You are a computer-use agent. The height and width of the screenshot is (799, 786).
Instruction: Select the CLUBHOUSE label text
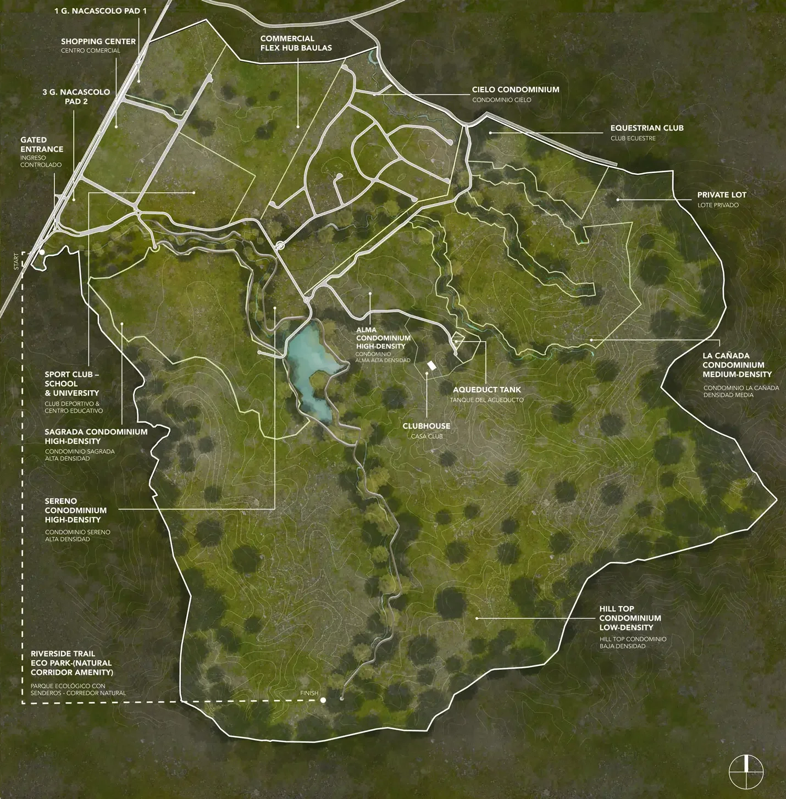(x=426, y=426)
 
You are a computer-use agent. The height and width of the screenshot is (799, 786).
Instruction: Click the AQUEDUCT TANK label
(x=486, y=390)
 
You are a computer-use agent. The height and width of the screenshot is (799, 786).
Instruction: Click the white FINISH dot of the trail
(x=323, y=700)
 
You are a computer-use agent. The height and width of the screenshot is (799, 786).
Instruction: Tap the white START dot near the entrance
(x=42, y=252)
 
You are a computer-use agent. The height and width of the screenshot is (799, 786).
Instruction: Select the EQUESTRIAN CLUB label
(x=646, y=128)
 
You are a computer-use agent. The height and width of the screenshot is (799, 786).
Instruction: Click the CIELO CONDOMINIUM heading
(x=515, y=90)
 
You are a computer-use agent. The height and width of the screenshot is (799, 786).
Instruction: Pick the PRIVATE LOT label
(x=721, y=195)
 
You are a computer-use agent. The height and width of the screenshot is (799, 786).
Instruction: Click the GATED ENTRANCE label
(x=42, y=145)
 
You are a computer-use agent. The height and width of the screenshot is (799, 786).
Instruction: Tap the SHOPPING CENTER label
(x=98, y=41)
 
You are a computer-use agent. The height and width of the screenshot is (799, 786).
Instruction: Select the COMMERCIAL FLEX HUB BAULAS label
(x=296, y=43)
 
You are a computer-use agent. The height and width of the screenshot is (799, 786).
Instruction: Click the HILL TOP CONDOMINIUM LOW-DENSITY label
(x=630, y=618)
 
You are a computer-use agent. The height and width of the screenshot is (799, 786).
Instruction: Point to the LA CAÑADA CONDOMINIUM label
(x=737, y=365)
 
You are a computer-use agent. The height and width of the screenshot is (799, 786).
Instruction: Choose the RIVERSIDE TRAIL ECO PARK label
(x=71, y=663)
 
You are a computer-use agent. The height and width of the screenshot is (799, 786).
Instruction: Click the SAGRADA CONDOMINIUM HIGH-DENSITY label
(x=96, y=436)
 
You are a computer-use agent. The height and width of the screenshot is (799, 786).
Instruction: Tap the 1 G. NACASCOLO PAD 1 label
(x=100, y=11)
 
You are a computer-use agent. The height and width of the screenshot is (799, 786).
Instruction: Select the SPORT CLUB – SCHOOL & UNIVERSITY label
(x=71, y=384)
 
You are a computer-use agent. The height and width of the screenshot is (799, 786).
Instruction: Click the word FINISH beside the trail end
(x=309, y=693)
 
